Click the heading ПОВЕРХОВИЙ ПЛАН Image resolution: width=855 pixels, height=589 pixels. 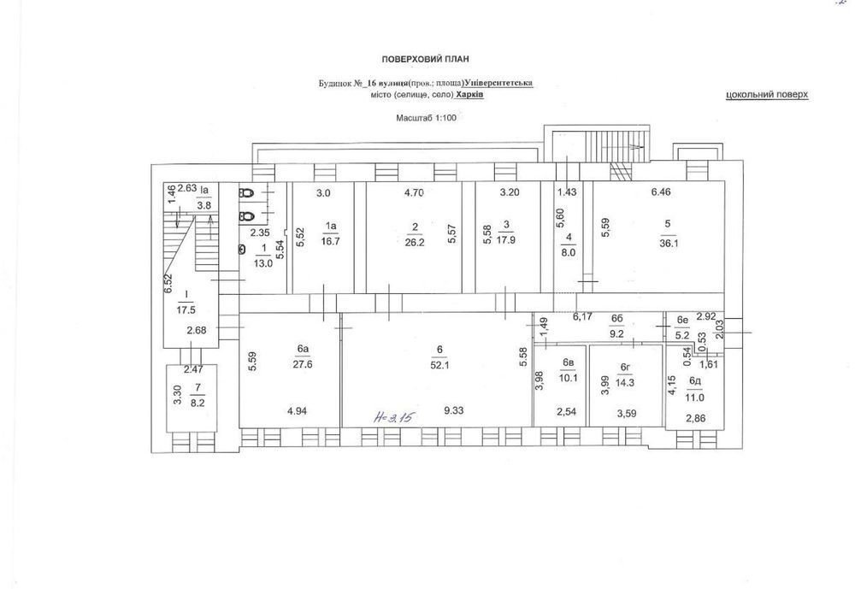(x=425, y=59)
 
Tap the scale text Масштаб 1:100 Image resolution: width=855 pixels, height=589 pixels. (x=427, y=117)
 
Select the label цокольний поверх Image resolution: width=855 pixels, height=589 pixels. (x=767, y=95)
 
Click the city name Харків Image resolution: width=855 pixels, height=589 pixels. (x=469, y=94)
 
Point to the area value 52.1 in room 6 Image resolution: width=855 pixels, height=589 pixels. (x=440, y=366)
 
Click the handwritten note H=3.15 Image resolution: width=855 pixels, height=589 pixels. (x=394, y=418)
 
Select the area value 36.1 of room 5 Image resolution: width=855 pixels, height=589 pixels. (x=669, y=244)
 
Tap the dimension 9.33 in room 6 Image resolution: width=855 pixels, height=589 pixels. (x=454, y=410)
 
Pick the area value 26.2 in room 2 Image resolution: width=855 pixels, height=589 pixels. (x=415, y=244)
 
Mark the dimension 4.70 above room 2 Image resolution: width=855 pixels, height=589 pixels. (x=414, y=192)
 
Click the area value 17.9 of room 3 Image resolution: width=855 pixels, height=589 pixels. (x=506, y=239)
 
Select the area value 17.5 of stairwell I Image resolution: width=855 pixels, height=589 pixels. (x=186, y=309)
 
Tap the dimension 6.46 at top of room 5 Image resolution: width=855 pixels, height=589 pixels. (x=661, y=192)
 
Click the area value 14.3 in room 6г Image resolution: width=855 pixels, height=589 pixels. (x=625, y=383)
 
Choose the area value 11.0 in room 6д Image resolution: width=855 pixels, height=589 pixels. (x=694, y=398)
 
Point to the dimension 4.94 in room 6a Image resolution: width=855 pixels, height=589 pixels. (x=297, y=410)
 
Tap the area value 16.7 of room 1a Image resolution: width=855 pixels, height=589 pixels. (x=331, y=241)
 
